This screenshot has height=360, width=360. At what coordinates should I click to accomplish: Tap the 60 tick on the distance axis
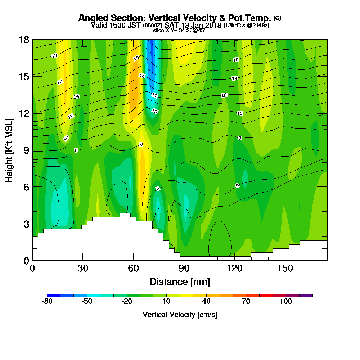[134, 268]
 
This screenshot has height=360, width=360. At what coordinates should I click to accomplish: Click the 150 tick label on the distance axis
[285, 268]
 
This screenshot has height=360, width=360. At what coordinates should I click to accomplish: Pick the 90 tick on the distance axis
[184, 268]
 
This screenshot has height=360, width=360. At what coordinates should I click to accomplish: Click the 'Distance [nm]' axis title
[180, 281]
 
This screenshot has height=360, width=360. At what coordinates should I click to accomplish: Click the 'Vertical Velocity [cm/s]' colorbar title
[180, 315]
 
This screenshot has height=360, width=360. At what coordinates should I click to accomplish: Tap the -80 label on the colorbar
[47, 302]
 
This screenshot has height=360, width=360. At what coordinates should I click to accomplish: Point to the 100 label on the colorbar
[286, 302]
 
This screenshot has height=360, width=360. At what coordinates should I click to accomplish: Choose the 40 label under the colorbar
[206, 302]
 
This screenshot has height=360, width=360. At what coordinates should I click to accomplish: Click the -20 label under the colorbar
[127, 302]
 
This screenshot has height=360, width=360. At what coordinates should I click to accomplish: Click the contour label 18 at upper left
[54, 56]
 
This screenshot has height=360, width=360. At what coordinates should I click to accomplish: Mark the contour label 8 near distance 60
[141, 144]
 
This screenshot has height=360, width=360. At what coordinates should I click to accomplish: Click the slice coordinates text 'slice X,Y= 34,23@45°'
[180, 30]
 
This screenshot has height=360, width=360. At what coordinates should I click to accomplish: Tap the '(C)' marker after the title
[277, 18]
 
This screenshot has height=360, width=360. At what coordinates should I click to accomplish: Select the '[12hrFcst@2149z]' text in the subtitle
[246, 26]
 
